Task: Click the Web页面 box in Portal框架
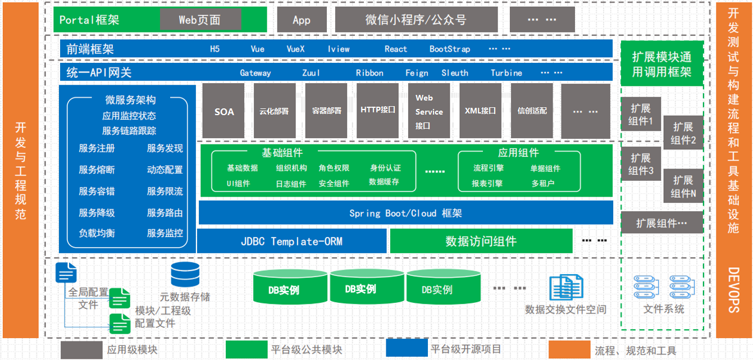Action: click(x=200, y=20)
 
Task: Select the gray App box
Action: click(x=302, y=20)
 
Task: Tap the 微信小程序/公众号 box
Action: click(x=416, y=20)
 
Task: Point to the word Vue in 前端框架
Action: click(x=257, y=49)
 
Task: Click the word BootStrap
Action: click(x=450, y=49)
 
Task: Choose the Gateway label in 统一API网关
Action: click(x=255, y=72)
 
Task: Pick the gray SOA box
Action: click(x=224, y=111)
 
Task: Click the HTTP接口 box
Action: click(x=377, y=111)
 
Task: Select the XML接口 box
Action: click(x=481, y=111)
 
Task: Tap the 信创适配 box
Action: click(x=532, y=111)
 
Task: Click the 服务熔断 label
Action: click(x=97, y=170)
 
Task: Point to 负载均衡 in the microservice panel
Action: click(x=97, y=233)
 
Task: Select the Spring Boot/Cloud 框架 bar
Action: click(x=405, y=213)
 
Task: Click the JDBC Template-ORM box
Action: click(x=291, y=241)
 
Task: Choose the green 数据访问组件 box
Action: click(x=481, y=241)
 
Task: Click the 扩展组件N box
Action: click(x=683, y=186)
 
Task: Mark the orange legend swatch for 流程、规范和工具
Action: click(x=569, y=349)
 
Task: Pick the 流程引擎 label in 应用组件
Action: click(x=489, y=168)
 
